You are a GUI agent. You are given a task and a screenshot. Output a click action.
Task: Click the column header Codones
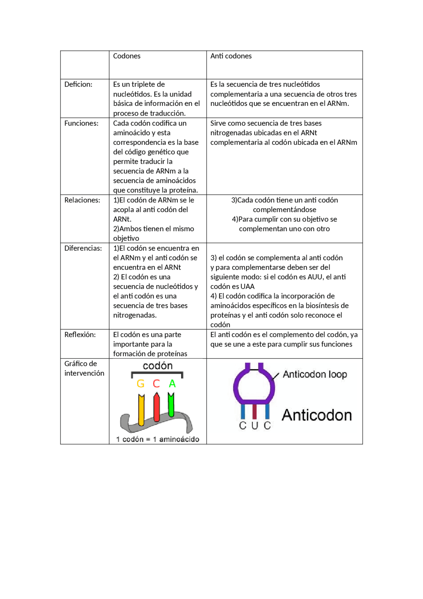click(x=127, y=56)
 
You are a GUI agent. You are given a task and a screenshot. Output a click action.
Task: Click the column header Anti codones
click(x=231, y=56)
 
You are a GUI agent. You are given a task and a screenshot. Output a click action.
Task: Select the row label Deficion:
click(x=78, y=84)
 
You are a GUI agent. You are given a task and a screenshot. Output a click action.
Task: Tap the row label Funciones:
click(x=81, y=123)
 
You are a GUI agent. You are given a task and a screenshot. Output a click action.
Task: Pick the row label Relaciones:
click(x=82, y=200)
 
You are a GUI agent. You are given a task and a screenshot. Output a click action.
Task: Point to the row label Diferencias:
click(x=83, y=248)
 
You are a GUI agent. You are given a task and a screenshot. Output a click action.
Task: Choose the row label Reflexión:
click(x=80, y=334)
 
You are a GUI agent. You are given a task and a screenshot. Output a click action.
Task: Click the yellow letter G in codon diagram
click(x=140, y=384)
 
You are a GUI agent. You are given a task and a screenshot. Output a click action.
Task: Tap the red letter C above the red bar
click(x=156, y=384)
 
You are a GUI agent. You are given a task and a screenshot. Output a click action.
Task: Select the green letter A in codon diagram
click(x=172, y=384)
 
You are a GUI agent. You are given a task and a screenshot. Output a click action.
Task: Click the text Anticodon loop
click(x=315, y=374)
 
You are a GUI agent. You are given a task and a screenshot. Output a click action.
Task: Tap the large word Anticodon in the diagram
click(x=317, y=415)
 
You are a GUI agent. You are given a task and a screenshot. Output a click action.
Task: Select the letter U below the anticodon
click(x=254, y=426)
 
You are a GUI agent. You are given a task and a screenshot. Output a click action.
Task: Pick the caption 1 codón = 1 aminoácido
click(x=158, y=439)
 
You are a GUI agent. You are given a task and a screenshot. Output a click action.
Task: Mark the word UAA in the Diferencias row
click(x=248, y=286)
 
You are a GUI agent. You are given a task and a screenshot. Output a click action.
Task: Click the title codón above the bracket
click(x=158, y=366)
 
